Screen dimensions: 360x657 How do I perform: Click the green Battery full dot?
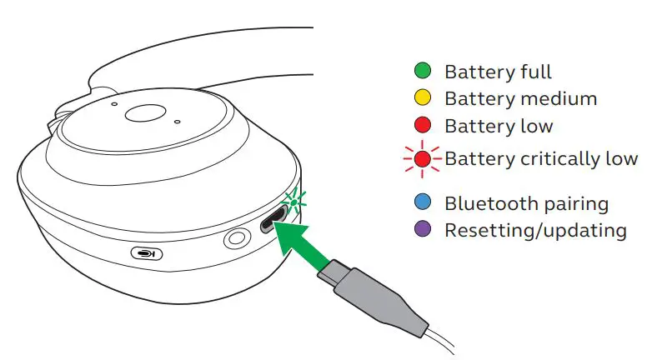424,72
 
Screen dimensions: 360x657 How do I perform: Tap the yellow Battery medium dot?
424,98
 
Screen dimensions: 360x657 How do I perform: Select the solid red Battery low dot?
424,126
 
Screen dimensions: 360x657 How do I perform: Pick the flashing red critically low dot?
424,157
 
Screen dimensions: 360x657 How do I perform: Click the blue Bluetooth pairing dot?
424,202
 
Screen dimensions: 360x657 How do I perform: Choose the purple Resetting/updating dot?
424,229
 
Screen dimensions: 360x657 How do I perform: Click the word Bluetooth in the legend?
486,203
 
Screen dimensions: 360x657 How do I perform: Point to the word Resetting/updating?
534,230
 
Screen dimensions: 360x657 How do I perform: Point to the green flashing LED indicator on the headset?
293,200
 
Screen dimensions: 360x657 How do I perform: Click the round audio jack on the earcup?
236,240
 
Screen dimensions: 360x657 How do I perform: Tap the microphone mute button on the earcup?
147,253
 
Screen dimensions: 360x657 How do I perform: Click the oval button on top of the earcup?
148,114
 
